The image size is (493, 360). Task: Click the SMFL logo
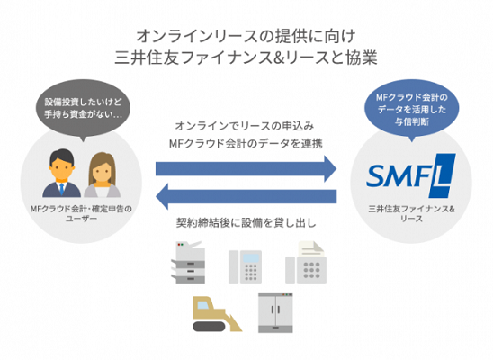point(411,175)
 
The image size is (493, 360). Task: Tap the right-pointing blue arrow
point(246,169)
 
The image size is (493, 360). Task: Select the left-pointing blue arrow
point(246,196)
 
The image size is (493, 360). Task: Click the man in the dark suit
point(62,173)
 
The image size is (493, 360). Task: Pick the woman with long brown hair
point(103,175)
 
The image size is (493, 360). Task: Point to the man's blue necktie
point(62,189)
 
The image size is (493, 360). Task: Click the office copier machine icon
point(188,262)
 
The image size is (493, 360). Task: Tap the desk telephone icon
point(245,266)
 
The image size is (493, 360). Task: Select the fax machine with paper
point(306,262)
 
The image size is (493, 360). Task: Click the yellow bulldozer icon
point(217,314)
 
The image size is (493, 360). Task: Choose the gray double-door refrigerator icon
point(275,312)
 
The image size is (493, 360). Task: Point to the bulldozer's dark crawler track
point(209,326)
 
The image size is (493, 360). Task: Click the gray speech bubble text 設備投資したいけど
point(83,103)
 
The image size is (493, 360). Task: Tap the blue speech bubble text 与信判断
point(411,121)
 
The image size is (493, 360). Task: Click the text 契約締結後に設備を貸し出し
point(246,223)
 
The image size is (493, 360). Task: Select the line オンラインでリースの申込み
point(245,126)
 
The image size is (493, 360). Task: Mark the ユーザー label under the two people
point(81,218)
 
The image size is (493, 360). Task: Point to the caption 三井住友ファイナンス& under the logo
point(411,209)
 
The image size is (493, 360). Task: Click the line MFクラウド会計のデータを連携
point(246,144)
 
